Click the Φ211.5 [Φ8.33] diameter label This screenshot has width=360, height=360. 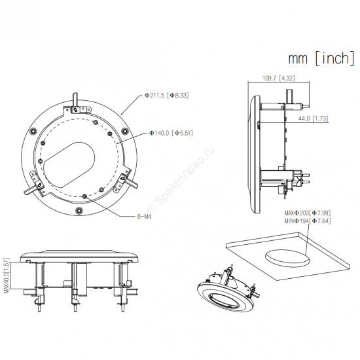167,96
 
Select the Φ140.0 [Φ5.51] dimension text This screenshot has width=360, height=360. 171,133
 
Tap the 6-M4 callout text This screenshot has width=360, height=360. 144,217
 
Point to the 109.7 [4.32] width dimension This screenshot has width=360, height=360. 278,78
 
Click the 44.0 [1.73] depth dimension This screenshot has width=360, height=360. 313,118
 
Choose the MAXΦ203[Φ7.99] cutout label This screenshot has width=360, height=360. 308,213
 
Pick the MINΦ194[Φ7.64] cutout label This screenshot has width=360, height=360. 308,221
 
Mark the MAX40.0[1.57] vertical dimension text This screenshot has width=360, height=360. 7,276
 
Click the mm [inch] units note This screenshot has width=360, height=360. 321,58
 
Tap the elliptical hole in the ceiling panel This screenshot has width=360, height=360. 287,259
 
